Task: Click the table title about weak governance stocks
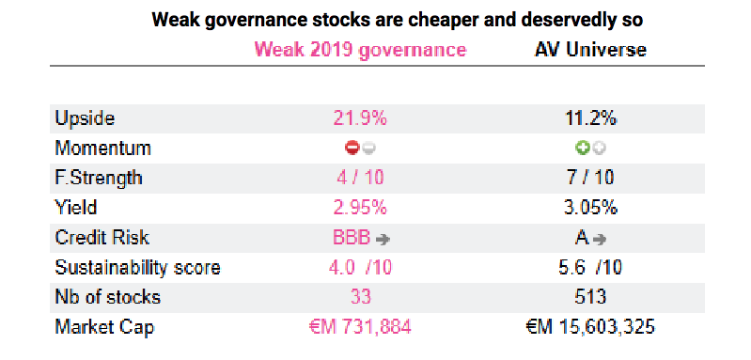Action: click(397, 20)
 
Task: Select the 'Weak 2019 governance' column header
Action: click(360, 50)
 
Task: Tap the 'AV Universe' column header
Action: click(590, 50)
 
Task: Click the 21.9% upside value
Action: click(360, 118)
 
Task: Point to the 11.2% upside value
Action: click(590, 118)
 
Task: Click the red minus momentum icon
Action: click(352, 149)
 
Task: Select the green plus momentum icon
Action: click(583, 149)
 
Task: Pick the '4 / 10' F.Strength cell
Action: click(360, 178)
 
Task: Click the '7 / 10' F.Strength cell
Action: click(590, 178)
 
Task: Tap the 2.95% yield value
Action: click(360, 208)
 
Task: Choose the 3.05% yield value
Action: click(590, 208)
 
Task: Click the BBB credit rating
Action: click(352, 238)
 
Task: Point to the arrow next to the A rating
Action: click(599, 240)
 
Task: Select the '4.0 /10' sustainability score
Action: click(360, 268)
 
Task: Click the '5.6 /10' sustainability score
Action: click(590, 268)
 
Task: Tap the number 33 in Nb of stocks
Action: click(361, 297)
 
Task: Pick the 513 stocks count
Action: click(590, 297)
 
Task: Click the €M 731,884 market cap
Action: click(360, 327)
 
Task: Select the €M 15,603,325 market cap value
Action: click(590, 327)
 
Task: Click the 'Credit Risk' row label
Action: click(102, 238)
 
